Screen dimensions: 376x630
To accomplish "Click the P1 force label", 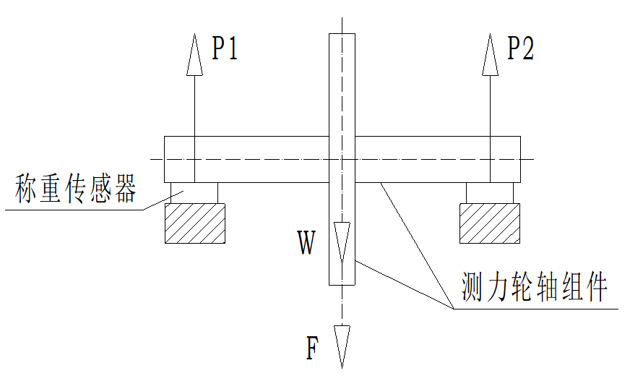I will (225, 48).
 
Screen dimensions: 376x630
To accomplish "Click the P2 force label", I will (520, 48).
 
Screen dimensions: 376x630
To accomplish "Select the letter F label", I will (312, 348).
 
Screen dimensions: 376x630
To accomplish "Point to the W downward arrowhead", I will (342, 241).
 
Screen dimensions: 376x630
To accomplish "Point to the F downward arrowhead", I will (342, 346).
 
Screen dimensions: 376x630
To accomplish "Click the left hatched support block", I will (194, 223).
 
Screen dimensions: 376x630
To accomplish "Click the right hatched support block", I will (490, 223).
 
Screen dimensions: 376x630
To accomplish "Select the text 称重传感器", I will (76, 189).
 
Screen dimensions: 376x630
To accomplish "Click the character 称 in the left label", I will (27, 189).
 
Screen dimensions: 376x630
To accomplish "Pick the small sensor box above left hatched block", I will (194, 192).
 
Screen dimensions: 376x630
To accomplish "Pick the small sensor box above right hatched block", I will (490, 192).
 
